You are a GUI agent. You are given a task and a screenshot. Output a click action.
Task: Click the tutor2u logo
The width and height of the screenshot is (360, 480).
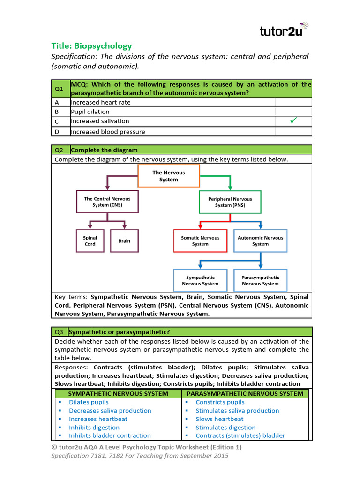284,30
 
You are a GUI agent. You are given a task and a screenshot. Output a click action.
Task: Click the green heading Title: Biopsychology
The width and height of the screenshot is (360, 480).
91,46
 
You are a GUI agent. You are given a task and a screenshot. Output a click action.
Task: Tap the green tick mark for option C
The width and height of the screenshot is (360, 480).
293,121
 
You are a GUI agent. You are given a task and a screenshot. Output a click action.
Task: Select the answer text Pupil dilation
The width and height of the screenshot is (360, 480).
90,112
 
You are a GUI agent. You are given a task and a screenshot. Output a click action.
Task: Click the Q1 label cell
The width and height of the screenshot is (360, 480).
60,89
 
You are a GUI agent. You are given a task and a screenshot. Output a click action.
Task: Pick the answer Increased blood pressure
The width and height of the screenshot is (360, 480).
108,132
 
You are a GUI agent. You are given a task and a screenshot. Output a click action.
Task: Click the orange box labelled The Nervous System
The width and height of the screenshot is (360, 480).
169,176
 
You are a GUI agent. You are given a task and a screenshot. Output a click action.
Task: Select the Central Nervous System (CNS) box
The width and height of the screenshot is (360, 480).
107,202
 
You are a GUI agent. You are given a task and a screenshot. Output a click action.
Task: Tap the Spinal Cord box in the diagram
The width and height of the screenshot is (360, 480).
90,240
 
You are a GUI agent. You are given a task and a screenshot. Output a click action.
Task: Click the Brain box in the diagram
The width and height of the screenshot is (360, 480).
124,240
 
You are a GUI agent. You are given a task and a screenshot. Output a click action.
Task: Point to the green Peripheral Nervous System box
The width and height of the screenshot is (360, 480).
230,202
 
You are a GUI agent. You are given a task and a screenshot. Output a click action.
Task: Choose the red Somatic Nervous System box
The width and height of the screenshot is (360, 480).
200,240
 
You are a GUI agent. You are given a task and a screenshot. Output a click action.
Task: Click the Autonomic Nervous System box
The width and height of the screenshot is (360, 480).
260,240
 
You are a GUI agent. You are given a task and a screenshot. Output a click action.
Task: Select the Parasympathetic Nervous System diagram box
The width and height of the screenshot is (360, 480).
260,280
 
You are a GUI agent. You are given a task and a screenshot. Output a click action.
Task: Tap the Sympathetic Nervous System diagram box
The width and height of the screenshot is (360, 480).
200,280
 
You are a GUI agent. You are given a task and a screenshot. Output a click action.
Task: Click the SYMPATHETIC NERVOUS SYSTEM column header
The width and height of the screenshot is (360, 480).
118,394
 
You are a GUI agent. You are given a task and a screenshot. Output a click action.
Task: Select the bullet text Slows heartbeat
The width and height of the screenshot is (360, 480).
219,419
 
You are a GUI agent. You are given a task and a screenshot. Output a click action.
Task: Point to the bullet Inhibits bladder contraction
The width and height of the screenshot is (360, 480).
110,436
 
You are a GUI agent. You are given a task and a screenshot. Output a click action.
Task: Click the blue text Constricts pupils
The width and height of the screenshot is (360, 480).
220,402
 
